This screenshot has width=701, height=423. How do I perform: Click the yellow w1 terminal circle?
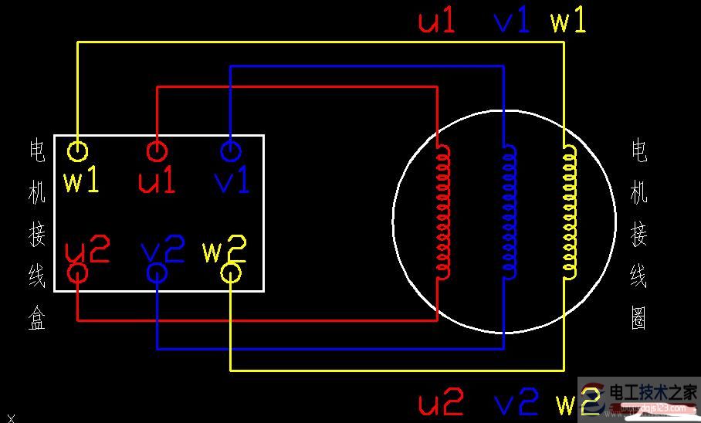[x=77, y=151]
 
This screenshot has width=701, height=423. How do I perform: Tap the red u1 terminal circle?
[x=157, y=151]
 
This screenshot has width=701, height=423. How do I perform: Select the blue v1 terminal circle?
[x=230, y=150]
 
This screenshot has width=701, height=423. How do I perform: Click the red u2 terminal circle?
[x=78, y=272]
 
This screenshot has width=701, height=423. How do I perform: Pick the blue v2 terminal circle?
[x=157, y=272]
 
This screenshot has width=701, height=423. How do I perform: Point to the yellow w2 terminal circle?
[x=231, y=272]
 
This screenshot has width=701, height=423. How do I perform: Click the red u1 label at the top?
[x=438, y=22]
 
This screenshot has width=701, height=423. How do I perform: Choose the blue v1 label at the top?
[x=512, y=22]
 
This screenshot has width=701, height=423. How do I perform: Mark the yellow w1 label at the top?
[x=568, y=22]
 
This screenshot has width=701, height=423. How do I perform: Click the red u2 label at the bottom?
[x=441, y=403]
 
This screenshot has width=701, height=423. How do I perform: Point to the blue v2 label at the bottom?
[x=515, y=403]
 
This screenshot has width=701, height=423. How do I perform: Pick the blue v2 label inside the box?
[x=163, y=249]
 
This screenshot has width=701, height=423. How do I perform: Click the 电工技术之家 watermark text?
[x=654, y=391]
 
